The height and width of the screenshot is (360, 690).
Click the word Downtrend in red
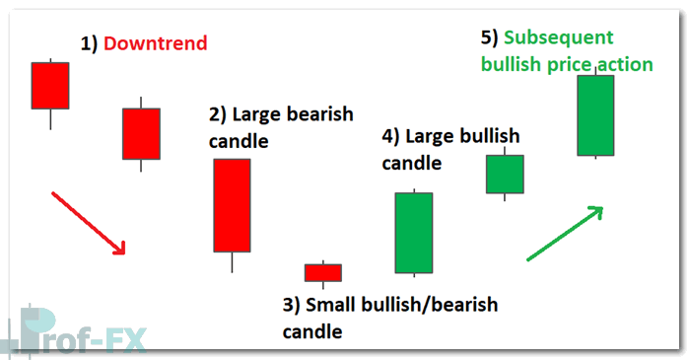(x=155, y=43)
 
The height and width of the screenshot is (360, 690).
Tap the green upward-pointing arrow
(x=564, y=234)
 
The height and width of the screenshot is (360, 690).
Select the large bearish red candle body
(x=232, y=205)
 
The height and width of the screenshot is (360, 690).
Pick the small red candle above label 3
(x=322, y=272)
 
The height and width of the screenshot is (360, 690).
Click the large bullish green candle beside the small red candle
(x=414, y=233)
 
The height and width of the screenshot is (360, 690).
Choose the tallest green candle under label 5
(x=595, y=115)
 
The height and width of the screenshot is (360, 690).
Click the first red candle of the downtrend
(x=50, y=86)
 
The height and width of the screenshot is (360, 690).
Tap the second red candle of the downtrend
(x=141, y=133)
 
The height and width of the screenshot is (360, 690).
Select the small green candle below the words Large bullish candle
(x=505, y=174)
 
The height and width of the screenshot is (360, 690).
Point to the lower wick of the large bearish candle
(x=232, y=262)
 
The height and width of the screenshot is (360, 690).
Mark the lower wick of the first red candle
(x=50, y=118)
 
